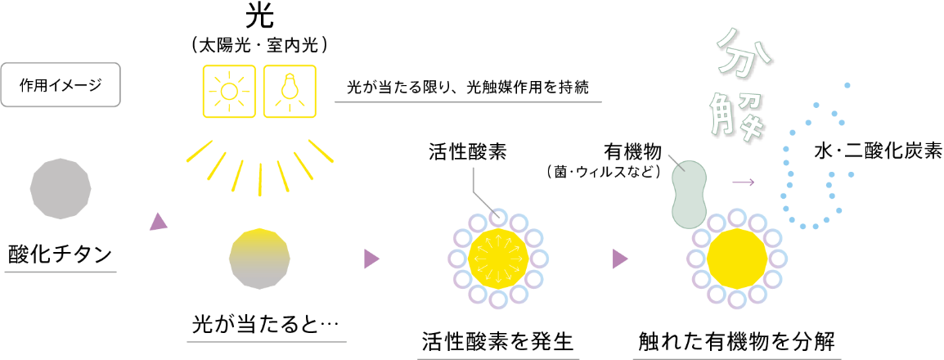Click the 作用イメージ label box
point(61,83)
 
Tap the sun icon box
point(229,91)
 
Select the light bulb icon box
point(289,91)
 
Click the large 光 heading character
point(260,17)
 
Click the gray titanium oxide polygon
point(61,188)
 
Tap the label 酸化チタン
point(61,254)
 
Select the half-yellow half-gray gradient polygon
point(259,259)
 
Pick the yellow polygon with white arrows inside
point(498,259)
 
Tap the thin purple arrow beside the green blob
point(743,181)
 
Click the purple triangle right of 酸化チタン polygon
point(158,222)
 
